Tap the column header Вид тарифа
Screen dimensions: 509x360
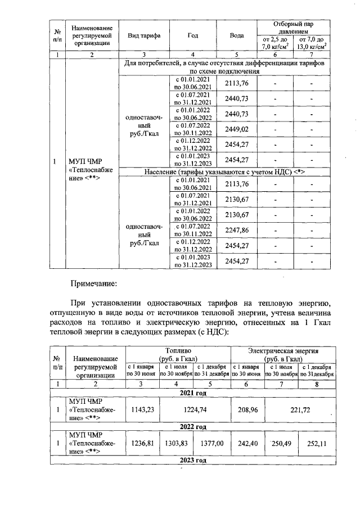coord(145,35)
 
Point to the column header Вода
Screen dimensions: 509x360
coord(237,35)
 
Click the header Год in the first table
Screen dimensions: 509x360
coord(193,35)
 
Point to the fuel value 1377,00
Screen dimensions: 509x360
coord(211,444)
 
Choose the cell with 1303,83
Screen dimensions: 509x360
coord(176,444)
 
